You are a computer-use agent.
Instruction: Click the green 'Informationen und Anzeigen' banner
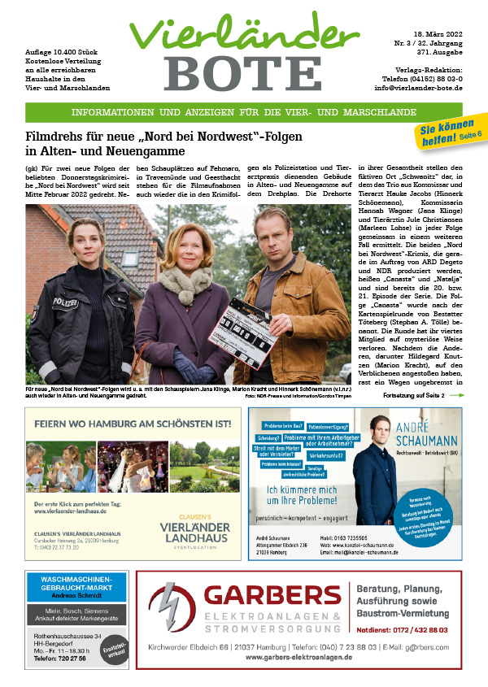coord(243,112)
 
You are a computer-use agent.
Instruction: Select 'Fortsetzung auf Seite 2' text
coord(411,394)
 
